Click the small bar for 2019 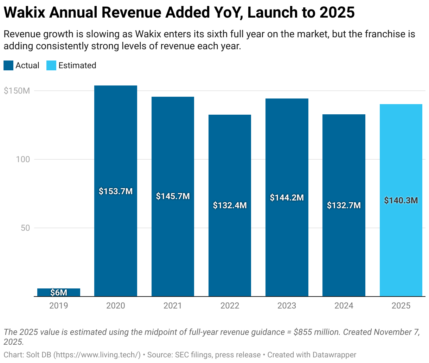pos(59,292)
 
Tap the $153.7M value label pos(116,191)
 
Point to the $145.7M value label pos(173,196)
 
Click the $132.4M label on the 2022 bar pos(230,205)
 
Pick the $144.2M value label pos(287,198)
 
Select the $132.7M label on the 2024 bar pos(344,205)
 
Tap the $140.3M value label pos(401,200)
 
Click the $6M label pos(59,293)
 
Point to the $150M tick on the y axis pos(17,91)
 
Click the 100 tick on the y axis pos(23,159)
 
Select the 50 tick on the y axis pos(25,228)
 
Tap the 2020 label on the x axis pos(116,306)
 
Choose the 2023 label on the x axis pos(287,306)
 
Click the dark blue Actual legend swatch pos(8,65)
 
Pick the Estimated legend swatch pos(51,65)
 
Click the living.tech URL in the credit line pos(97,355)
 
